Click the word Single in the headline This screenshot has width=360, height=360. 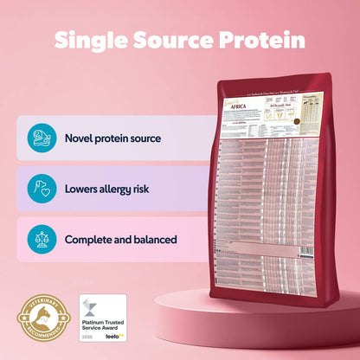(93, 41)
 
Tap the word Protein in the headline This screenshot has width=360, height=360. (266, 41)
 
